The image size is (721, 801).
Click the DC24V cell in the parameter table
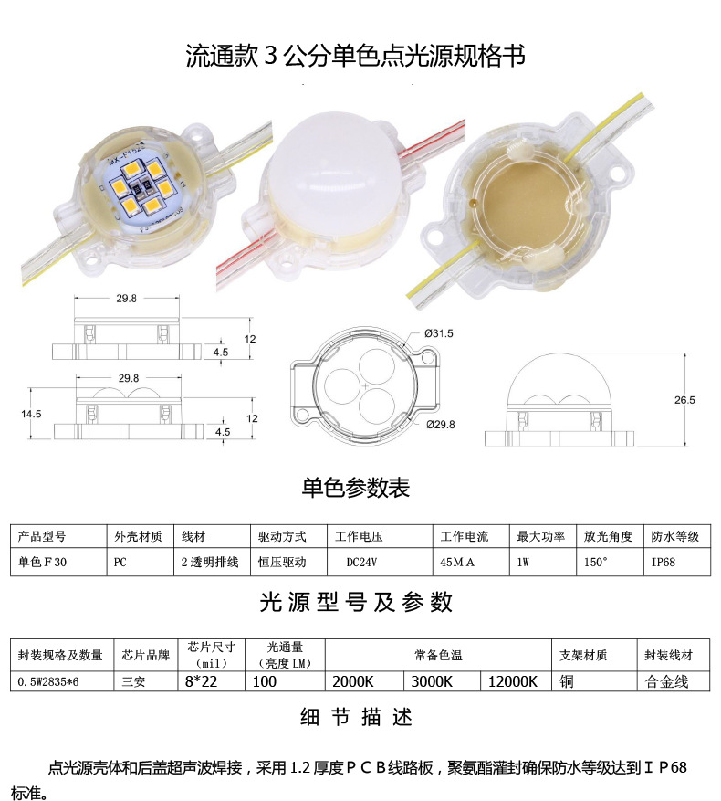coord(362,563)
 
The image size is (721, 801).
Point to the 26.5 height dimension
coord(685,400)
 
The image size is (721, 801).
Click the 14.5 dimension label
coord(32,414)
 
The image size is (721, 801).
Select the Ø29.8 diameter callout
coord(439,425)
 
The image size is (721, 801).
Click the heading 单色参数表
coord(356,488)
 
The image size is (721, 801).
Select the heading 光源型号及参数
coord(356,602)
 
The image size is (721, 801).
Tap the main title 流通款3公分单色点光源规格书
coord(356,57)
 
